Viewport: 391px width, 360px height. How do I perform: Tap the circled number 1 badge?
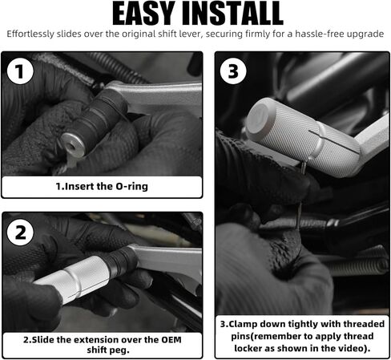pyautogui.click(x=20, y=71)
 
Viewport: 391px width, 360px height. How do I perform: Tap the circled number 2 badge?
pyautogui.click(x=20, y=232)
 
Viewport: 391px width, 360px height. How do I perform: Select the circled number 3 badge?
pyautogui.click(x=233, y=71)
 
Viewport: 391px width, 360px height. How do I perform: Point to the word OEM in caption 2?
pyautogui.click(x=171, y=340)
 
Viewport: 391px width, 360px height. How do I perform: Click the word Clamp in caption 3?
pyautogui.click(x=244, y=324)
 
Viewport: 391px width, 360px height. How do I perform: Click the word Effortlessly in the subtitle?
pyautogui.click(x=30, y=34)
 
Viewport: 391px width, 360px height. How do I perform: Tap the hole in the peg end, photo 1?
pyautogui.click(x=71, y=146)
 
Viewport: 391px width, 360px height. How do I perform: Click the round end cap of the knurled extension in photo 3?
pyautogui.click(x=258, y=118)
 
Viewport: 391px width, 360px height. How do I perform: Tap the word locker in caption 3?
pyautogui.click(x=248, y=348)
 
